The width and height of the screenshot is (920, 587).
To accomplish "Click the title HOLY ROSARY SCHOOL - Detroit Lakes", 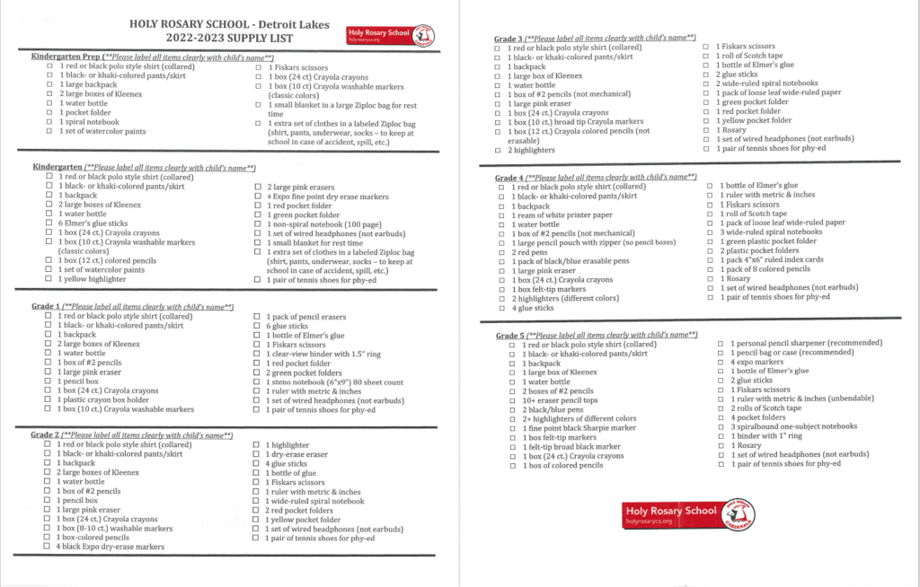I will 229,24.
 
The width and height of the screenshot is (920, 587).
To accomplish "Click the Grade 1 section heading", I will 47,306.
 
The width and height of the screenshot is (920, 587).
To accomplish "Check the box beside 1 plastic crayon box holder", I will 49,400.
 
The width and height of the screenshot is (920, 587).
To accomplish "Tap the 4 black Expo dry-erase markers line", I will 110,547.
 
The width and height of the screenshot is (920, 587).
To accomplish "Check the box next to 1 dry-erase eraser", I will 258,454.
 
